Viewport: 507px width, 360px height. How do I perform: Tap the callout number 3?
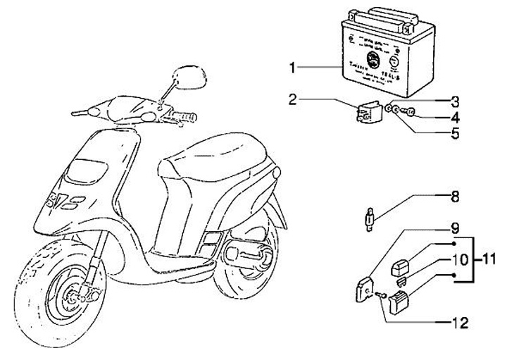click(x=456, y=100)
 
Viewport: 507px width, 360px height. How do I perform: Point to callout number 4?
click(x=456, y=116)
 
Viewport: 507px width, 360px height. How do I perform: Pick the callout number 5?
click(x=456, y=131)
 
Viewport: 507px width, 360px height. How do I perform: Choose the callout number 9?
click(x=456, y=228)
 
